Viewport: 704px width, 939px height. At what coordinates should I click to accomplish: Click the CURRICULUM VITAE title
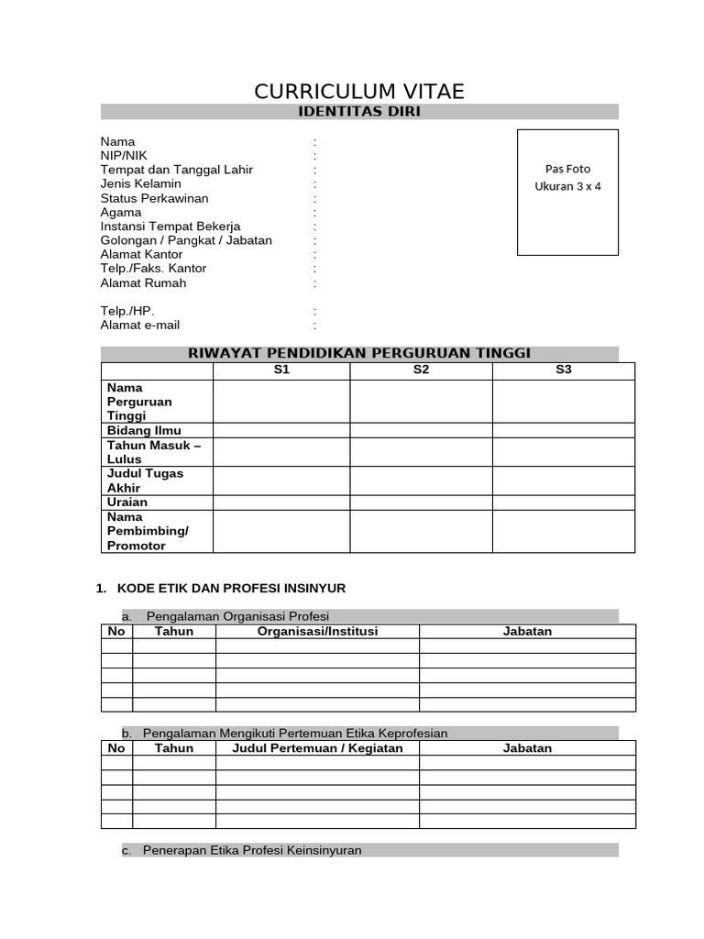tap(359, 91)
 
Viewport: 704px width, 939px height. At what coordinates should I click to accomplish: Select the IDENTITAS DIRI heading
tap(359, 112)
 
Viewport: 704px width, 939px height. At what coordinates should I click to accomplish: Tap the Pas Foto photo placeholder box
tap(567, 192)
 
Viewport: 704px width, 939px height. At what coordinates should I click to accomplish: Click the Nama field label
tap(117, 141)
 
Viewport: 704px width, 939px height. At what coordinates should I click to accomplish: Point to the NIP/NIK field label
tap(124, 156)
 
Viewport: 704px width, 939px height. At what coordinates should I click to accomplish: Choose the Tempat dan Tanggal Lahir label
tap(176, 170)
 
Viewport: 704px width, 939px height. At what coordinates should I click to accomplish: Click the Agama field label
tap(121, 212)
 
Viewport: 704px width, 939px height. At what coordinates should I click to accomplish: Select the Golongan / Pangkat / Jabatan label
tap(186, 240)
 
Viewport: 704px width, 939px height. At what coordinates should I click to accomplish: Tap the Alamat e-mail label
tap(139, 325)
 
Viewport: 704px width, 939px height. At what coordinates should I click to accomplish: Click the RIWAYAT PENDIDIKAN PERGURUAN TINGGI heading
tap(359, 353)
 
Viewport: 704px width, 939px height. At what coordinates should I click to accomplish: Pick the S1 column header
tap(281, 370)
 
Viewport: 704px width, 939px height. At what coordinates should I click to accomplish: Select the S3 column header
tap(563, 370)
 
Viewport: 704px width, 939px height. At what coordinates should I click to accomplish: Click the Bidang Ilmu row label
tap(144, 430)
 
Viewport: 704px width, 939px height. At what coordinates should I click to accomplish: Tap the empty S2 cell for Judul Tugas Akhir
tap(421, 481)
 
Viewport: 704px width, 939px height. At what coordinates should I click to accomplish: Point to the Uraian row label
tap(127, 503)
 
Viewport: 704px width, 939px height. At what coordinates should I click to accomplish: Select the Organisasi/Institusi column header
tap(317, 631)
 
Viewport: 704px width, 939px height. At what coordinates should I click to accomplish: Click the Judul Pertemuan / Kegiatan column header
tap(317, 747)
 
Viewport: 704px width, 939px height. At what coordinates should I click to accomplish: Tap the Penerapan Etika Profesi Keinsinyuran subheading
tap(252, 850)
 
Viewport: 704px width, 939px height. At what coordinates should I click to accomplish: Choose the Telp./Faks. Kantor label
tap(153, 269)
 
